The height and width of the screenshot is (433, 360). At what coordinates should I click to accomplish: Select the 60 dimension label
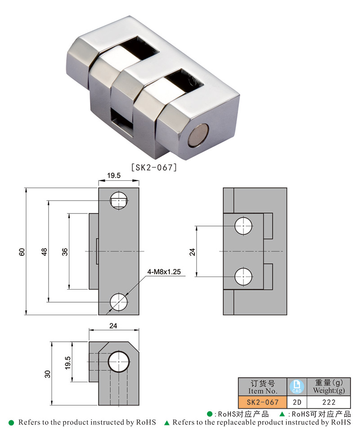click(22, 252)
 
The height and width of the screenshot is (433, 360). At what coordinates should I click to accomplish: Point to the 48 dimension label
click(44, 252)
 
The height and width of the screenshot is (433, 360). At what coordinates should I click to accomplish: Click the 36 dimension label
click(65, 252)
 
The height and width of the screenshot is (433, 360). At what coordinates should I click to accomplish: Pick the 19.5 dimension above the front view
click(114, 176)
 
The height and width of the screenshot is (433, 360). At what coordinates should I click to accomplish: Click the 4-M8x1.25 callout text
click(164, 272)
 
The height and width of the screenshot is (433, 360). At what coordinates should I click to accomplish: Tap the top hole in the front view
click(119, 200)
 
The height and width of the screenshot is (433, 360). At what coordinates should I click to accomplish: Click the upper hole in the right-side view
click(243, 225)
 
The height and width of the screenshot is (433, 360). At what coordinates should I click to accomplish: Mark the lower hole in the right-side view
click(243, 276)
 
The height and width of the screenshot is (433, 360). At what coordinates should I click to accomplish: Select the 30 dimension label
click(48, 373)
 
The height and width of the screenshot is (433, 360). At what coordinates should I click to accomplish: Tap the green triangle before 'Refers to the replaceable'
click(166, 423)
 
